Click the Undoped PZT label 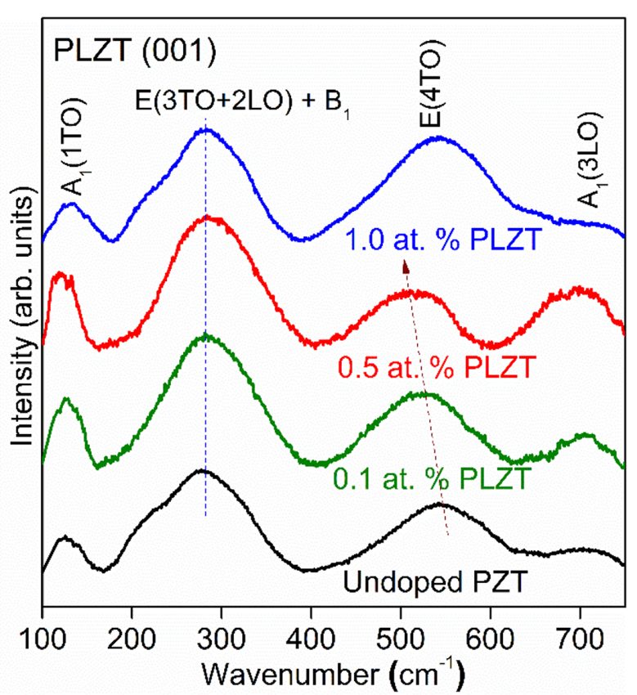pos(433,584)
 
